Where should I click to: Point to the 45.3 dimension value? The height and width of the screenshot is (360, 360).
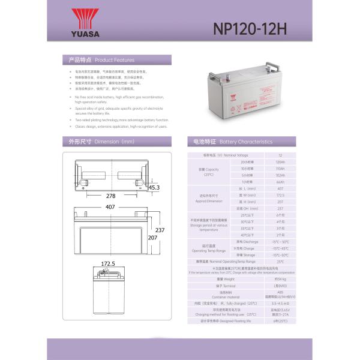pyautogui.click(x=154, y=188)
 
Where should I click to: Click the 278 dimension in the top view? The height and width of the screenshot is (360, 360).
pyautogui.click(x=110, y=196)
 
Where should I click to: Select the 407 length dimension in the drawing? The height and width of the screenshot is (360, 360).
pyautogui.click(x=110, y=207)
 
